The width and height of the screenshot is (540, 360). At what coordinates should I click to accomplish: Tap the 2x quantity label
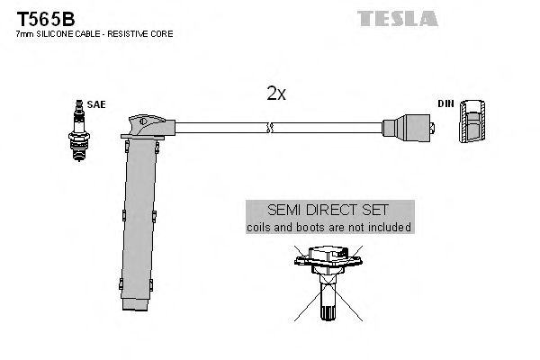275,94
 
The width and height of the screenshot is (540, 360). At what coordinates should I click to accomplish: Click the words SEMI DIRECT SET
328,211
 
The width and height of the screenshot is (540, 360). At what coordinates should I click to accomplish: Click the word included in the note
389,228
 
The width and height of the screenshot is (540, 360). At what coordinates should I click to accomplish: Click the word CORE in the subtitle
164,34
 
